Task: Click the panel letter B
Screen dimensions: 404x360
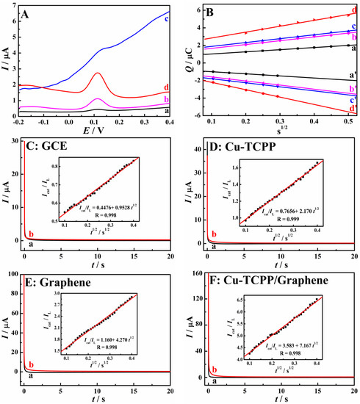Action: (x=211, y=12)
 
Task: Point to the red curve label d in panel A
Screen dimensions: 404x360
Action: (x=170, y=88)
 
